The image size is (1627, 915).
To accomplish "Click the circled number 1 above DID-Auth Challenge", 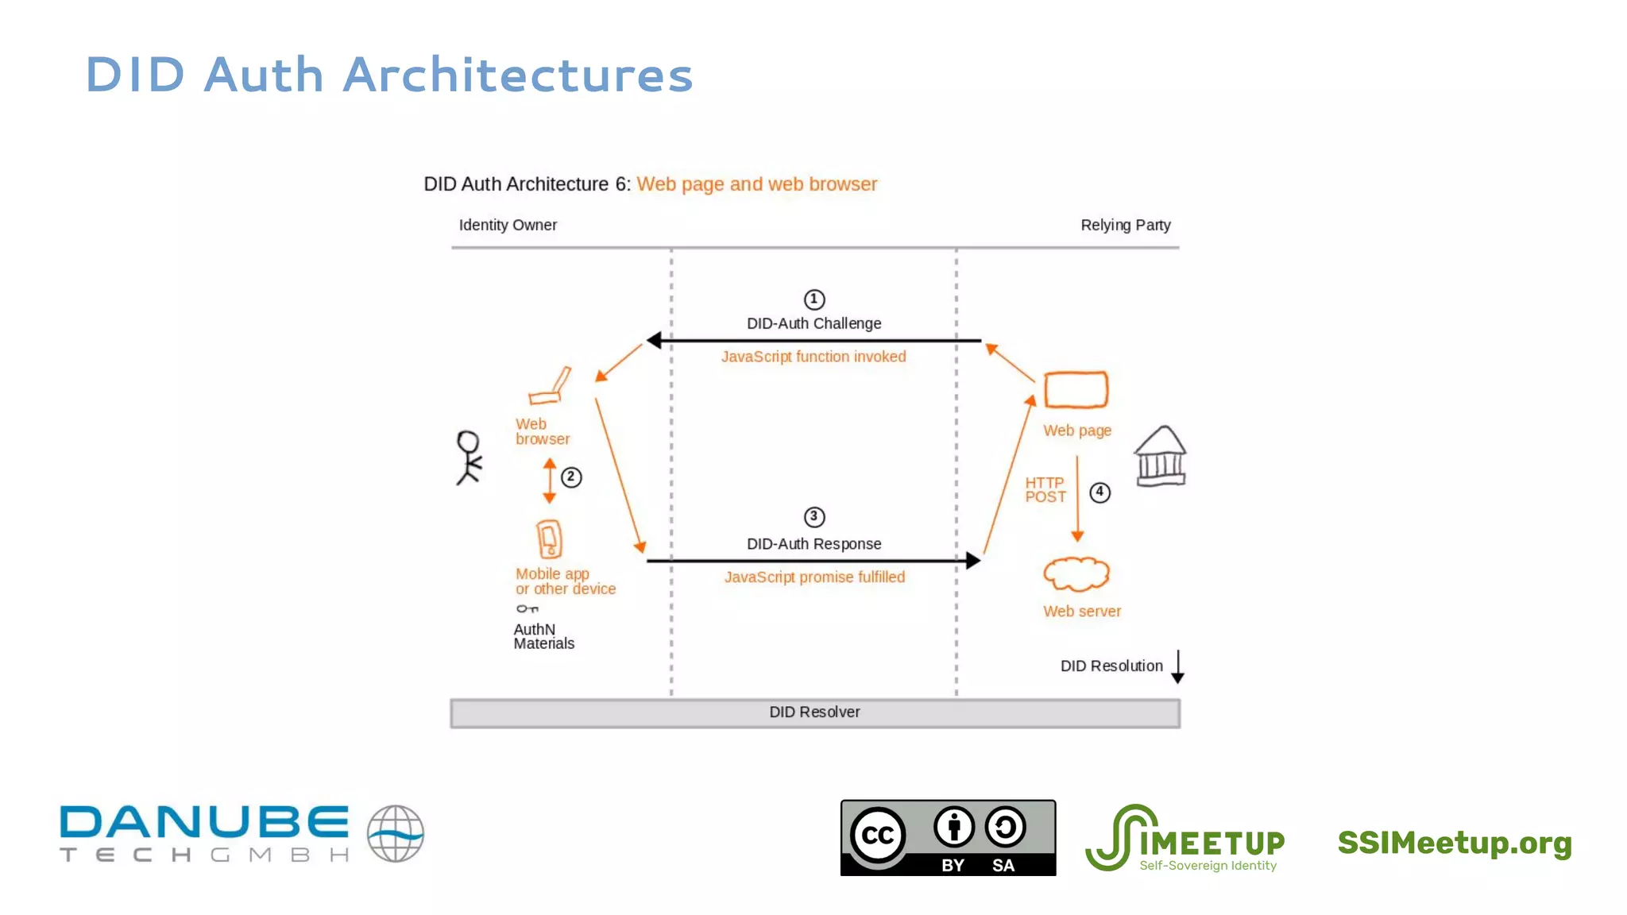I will point(814,299).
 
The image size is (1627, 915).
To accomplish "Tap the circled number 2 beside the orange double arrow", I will point(571,477).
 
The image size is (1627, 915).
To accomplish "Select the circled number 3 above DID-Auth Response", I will point(814,517).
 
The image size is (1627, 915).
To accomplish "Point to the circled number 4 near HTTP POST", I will point(1099,492).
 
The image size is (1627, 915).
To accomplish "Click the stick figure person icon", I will point(469,457).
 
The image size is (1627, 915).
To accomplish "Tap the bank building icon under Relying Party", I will point(1161,457).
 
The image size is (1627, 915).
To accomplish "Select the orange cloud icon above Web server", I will point(1076,574).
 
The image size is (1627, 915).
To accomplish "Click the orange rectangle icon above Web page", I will point(1076,390).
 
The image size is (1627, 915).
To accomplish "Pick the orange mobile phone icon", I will point(549,540).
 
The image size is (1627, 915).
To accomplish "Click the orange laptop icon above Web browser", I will point(551,387).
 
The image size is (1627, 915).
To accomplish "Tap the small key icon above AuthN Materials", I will point(528,609).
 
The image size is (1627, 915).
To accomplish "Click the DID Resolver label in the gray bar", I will point(814,712).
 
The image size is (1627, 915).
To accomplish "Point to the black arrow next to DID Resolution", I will point(1177,667).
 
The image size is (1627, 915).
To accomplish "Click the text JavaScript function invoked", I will point(813,357).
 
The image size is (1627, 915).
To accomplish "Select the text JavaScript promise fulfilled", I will point(814,577).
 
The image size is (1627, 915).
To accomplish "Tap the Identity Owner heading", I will point(508,226).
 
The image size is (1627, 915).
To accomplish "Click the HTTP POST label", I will point(1045,490).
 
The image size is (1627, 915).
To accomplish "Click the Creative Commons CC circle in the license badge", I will point(878,835).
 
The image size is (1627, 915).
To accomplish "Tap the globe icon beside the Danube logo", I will point(396,834).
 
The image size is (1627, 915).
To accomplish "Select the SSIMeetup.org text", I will point(1455,843).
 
